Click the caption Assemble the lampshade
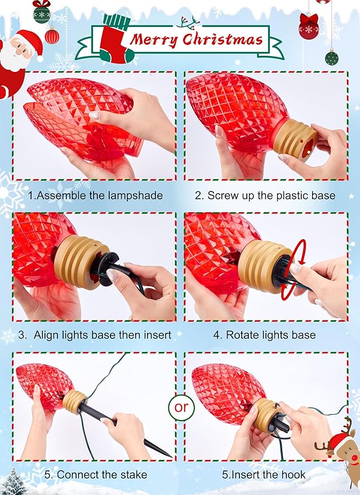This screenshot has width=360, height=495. point(95,195)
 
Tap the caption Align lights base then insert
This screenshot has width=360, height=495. point(95,335)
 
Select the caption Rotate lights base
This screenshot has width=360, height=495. point(264,335)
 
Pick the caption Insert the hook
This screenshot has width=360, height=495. point(264,475)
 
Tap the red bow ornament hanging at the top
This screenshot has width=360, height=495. point(308,26)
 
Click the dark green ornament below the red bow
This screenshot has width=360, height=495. point(332,57)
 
